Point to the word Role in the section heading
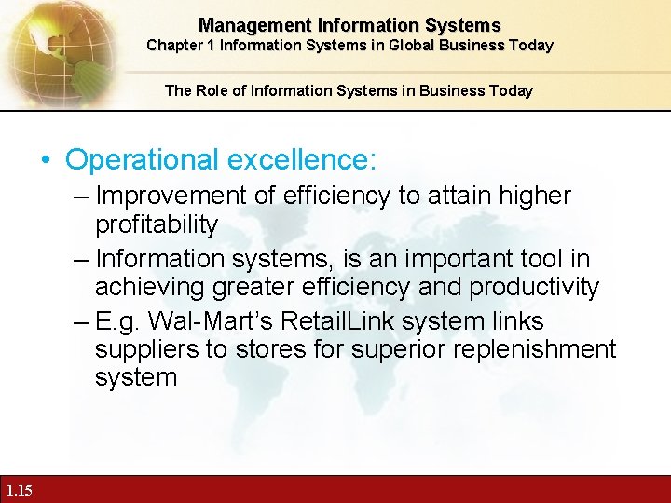pyautogui.click(x=210, y=90)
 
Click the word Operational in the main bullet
pyautogui.click(x=143, y=159)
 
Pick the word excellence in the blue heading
pyautogui.click(x=302, y=159)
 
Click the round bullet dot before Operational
pyautogui.click(x=47, y=160)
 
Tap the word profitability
pyautogui.click(x=157, y=224)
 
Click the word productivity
pyautogui.click(x=534, y=286)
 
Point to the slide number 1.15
pyautogui.click(x=18, y=490)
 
